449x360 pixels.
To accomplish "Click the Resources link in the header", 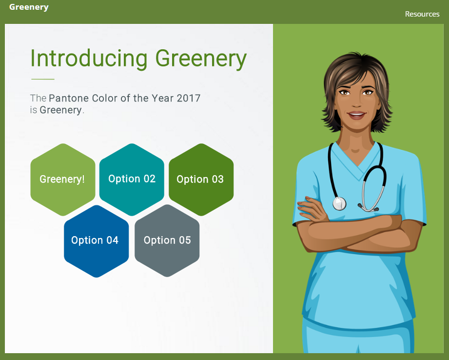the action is pos(422,14).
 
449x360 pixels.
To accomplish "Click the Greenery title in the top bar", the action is pos(29,7).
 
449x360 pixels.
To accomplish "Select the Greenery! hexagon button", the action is pos(63,180).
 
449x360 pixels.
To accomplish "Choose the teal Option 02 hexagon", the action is pos(132,180).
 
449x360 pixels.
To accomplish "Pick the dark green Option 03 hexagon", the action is pos(201,180).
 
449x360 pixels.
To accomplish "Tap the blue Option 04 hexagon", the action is pos(96,241).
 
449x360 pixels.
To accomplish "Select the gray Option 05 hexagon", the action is pos(167,241).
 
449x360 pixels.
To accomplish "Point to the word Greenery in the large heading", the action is pos(201,60).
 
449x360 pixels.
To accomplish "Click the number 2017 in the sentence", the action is pos(188,99).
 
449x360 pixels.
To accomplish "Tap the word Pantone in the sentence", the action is pos(69,99).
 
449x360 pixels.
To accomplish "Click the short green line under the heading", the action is pos(43,79).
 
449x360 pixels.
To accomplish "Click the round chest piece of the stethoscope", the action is pos(339,203).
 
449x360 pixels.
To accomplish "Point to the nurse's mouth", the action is pos(356,115).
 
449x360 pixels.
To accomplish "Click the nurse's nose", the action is pos(356,102).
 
